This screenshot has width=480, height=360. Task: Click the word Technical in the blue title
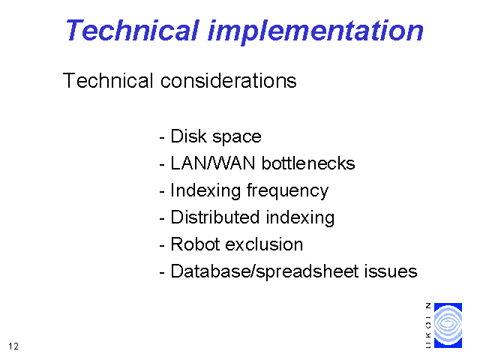[x=133, y=30]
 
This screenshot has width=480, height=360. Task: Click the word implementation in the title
[x=316, y=32]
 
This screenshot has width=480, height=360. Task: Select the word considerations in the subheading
[x=228, y=81]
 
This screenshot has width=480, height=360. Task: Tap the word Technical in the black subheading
[x=108, y=81]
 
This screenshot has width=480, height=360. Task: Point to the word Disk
[x=188, y=136]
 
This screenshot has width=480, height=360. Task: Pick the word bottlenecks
[x=308, y=163]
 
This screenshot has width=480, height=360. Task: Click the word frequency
[x=287, y=192]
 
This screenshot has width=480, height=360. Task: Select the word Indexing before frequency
[x=205, y=192]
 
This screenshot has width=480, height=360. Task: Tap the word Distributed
[x=215, y=217]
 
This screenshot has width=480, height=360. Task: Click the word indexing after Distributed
[x=300, y=219]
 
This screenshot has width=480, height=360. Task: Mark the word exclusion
[x=264, y=244]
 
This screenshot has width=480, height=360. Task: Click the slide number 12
[x=13, y=346]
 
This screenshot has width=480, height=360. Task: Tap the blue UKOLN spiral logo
[x=448, y=325]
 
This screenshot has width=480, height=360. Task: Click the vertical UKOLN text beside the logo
[x=428, y=325]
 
